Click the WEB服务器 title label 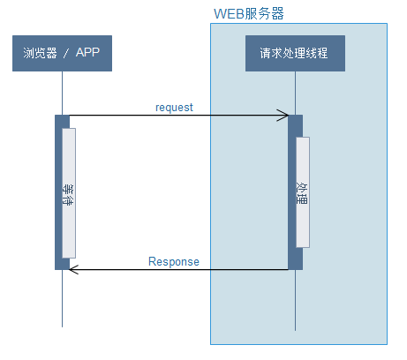point(249,14)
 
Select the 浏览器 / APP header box point(62,53)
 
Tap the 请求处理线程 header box point(294,53)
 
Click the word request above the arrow point(174,108)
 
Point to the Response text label point(173,262)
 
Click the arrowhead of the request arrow point(285,115)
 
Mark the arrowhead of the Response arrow point(73,269)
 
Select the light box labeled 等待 point(68,192)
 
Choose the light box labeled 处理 point(302,191)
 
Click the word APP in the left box point(87,53)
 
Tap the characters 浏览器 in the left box point(38,53)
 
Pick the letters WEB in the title point(229,14)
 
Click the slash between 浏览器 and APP point(65,53)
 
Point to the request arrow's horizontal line point(177,115)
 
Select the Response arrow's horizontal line point(177,269)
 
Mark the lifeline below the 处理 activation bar point(295,300)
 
